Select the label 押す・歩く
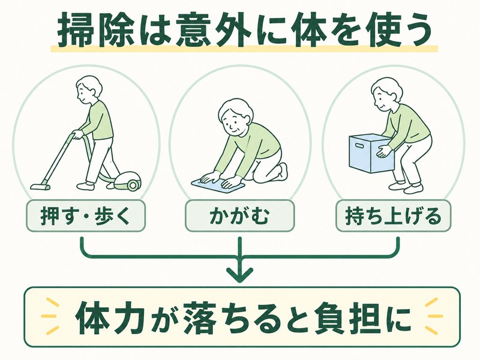[85, 216]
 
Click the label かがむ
[239, 216]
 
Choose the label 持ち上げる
[393, 216]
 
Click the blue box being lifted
[371, 154]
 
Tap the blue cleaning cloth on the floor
[218, 184]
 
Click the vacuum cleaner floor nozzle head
[40, 187]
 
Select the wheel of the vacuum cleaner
[133, 185]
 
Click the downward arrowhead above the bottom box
[239, 273]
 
